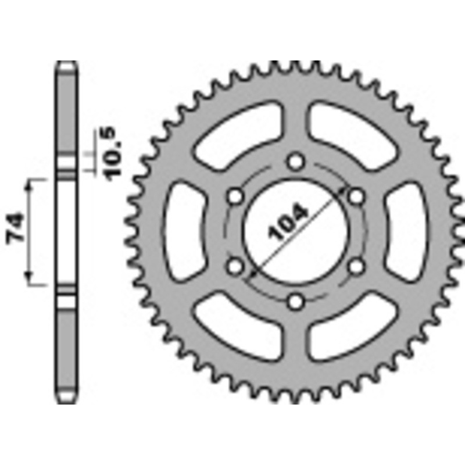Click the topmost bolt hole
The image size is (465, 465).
tap(296, 160)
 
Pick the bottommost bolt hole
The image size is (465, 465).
tap(296, 301)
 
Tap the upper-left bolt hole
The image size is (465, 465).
tap(235, 196)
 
